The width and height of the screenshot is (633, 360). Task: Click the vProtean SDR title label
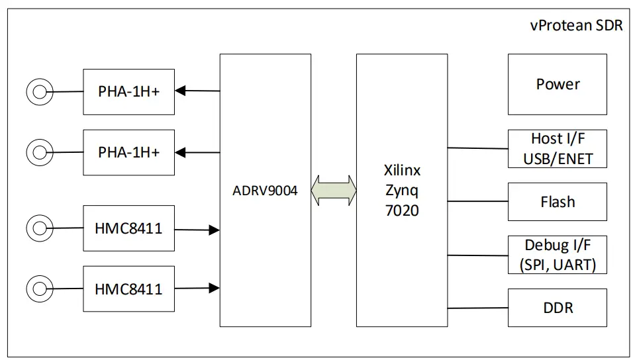[x=576, y=26]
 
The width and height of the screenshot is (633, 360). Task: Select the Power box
[x=557, y=85]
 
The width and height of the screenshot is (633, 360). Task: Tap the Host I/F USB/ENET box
[x=557, y=149]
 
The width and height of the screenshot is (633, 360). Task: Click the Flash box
[x=557, y=202]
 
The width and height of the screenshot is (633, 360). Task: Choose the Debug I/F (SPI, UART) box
[x=557, y=255]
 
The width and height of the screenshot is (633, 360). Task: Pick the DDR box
[x=557, y=308]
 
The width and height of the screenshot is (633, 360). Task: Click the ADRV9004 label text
[x=265, y=191]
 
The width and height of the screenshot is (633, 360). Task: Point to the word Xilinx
[x=402, y=170]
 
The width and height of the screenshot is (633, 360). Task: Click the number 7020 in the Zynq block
[x=402, y=212]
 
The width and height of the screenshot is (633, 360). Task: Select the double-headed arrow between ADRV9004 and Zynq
[x=334, y=191]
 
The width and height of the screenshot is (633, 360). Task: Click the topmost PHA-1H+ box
[x=128, y=91]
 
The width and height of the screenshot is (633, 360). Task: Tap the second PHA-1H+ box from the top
[x=128, y=152]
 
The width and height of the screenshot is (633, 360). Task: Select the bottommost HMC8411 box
[x=128, y=289]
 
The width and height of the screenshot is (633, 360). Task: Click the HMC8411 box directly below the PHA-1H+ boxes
[x=128, y=228]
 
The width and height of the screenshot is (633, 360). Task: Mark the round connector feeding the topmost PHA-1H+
[x=39, y=92]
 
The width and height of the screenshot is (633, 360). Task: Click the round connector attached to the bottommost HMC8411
[x=39, y=289]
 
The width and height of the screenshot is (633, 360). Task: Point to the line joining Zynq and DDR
[x=477, y=308]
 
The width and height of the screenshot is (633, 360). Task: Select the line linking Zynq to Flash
[x=477, y=201]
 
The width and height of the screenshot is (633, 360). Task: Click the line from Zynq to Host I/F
[x=477, y=148]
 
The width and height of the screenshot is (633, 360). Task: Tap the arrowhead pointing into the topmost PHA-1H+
[x=181, y=91]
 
